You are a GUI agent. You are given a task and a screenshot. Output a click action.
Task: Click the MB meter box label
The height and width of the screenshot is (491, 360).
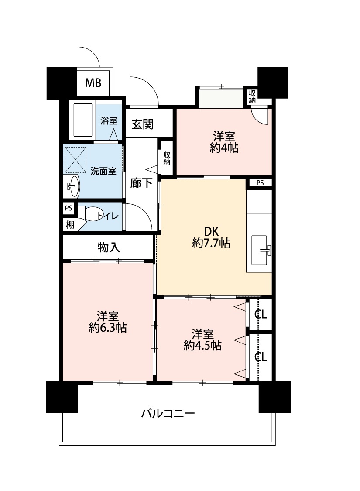pos(93,83)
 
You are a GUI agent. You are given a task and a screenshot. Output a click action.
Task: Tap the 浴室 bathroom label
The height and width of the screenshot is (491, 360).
pos(109,121)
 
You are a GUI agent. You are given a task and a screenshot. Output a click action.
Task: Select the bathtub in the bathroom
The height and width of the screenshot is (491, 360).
pos(82,120)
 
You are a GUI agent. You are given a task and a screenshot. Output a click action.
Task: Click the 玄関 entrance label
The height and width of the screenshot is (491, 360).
pos(142,124)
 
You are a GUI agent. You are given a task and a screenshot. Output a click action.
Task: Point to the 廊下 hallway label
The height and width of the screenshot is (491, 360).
pos(141,183)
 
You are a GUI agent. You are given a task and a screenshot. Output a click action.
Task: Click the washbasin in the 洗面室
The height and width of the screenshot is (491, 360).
pos(73,186)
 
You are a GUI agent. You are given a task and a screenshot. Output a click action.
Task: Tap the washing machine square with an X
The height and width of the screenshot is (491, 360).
pos(75,160)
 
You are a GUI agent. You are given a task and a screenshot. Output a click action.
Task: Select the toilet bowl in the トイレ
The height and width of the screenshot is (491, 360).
pos(91,214)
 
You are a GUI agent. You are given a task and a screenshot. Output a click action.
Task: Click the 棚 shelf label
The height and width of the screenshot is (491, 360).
pos(70,224)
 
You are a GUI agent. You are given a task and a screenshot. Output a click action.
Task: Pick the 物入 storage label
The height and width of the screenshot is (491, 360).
pos(109,247)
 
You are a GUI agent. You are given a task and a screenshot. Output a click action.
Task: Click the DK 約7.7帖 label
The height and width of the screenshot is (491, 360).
pos(211,237)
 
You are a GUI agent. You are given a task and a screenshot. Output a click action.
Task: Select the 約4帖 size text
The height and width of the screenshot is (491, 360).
pos(224,148)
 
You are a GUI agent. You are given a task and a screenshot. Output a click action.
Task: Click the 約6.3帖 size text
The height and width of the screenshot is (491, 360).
pos(108,327)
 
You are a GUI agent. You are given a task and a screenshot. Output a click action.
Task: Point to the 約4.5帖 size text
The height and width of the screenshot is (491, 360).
pos(203,345)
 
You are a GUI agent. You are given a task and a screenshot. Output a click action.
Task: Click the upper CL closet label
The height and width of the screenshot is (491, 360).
pos(261,314)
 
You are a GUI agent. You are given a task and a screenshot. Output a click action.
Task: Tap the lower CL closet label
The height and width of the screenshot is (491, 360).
pos(261,357)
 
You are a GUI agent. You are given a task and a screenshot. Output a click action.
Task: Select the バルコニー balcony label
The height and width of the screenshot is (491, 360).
pos(168,413)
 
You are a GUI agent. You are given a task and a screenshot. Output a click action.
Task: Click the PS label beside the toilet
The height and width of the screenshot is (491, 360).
pos(69,208)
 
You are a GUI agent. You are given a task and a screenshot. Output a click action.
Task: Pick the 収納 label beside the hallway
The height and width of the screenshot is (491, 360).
pos(167,158)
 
